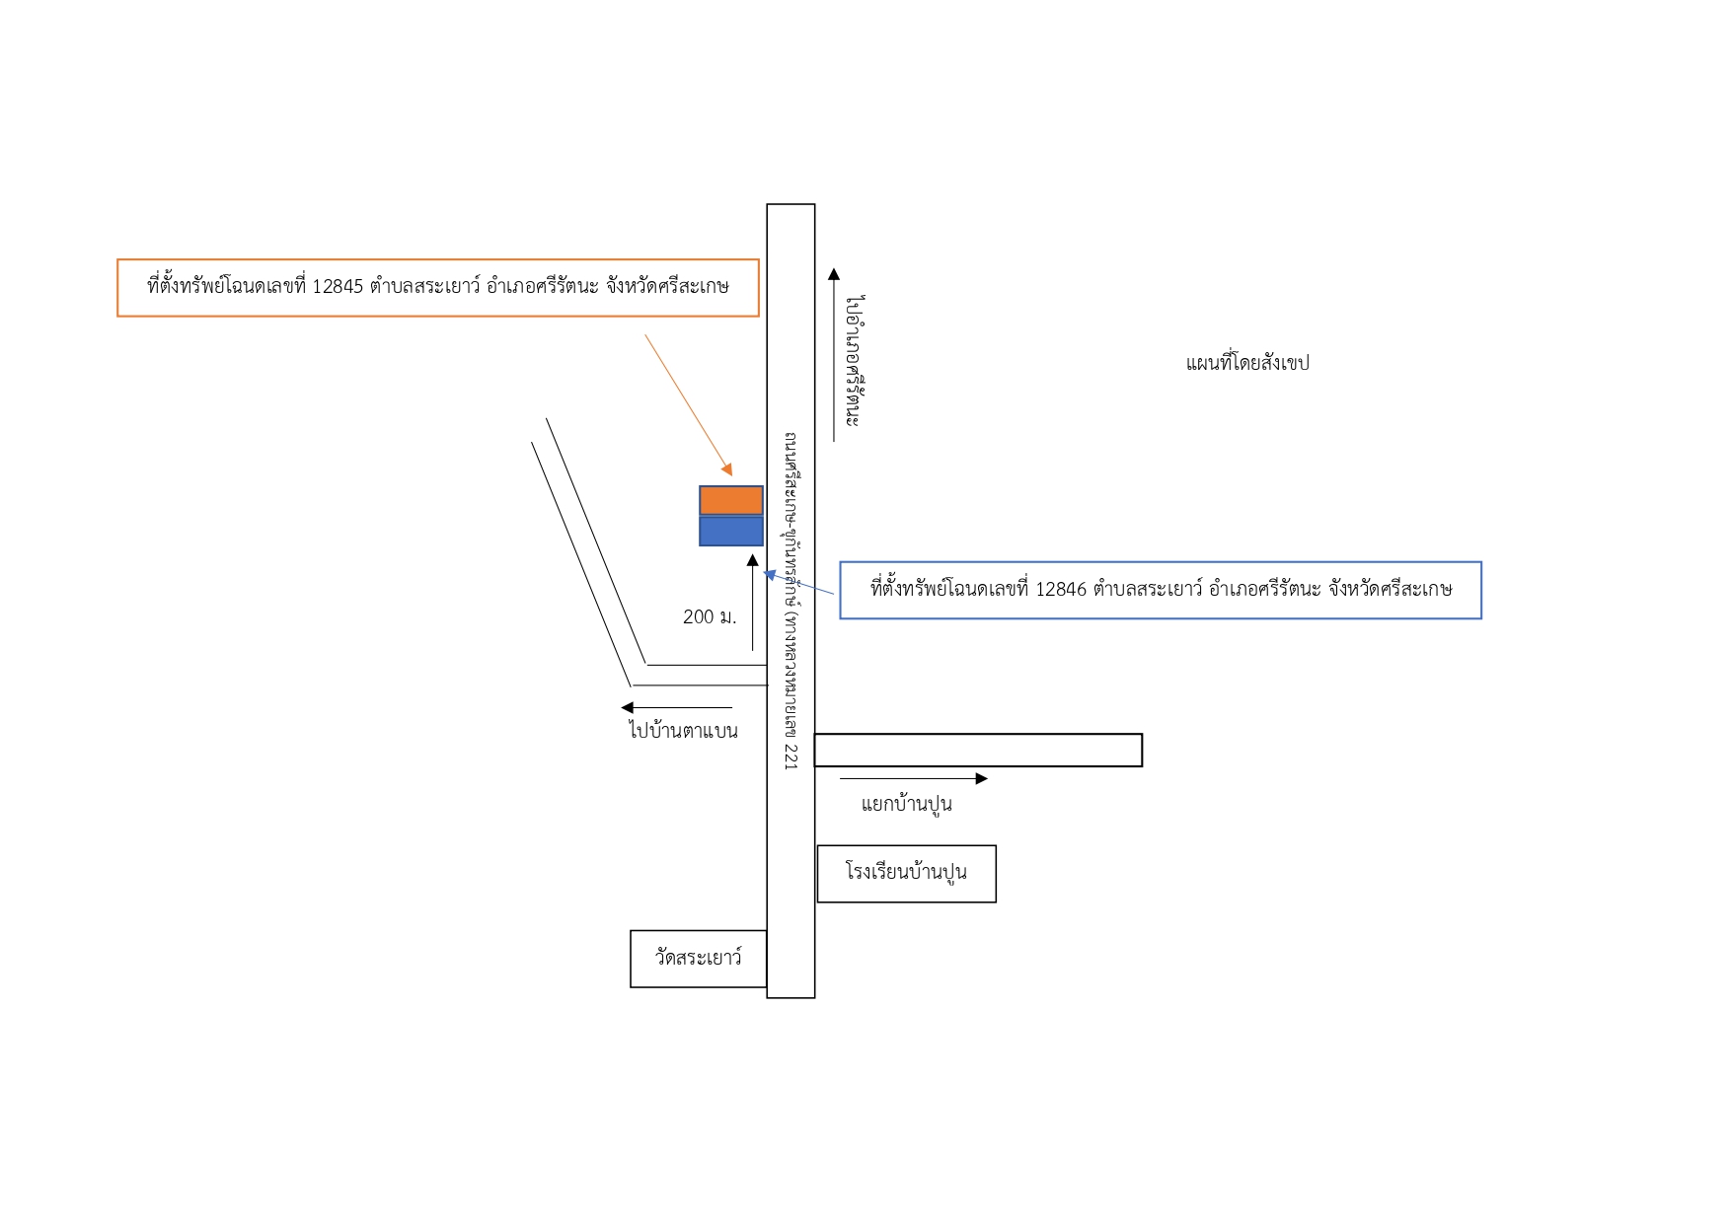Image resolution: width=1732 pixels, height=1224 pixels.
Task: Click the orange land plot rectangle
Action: point(731,500)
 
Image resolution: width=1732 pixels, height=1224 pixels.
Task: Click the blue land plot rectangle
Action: point(731,531)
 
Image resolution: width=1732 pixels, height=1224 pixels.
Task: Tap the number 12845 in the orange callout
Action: point(338,287)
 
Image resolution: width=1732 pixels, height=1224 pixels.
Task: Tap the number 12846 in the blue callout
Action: point(1061,590)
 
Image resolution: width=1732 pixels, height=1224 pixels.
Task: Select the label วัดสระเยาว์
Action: point(698,957)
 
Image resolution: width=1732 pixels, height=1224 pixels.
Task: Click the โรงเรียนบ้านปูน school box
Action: point(907,874)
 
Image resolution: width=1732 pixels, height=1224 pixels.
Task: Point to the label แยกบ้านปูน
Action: point(906,804)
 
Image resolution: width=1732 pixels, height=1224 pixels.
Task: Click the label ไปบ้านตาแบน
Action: point(683,731)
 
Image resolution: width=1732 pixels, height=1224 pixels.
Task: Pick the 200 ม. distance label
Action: point(710,617)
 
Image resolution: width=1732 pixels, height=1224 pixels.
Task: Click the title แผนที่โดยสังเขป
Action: point(1247,363)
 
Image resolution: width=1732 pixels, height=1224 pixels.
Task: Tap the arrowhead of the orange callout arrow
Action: point(728,470)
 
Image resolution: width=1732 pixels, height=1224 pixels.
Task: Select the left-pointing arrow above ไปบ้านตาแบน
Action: point(677,707)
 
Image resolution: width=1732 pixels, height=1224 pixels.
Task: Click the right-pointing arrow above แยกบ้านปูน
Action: point(914,778)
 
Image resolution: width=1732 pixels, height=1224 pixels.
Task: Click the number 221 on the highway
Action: point(791,756)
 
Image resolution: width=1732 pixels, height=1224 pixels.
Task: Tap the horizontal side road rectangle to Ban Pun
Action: point(978,751)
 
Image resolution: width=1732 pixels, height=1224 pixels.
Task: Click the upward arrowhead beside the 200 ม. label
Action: point(753,561)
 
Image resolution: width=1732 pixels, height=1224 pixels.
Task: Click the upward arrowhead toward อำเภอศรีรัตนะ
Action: point(834,274)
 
